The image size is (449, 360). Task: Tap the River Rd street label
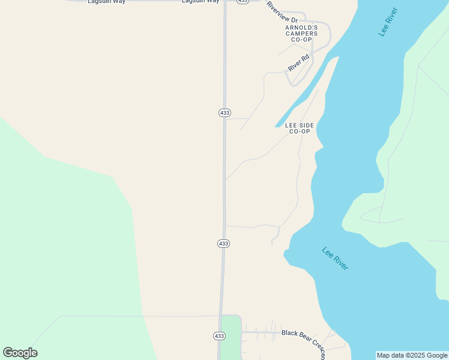click(298, 63)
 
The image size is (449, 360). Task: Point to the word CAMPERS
click(301, 34)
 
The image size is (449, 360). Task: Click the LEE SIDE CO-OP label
click(300, 128)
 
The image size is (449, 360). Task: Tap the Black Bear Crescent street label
click(304, 341)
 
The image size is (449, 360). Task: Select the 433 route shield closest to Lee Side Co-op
click(224, 113)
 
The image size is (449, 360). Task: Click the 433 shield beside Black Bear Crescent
click(220, 335)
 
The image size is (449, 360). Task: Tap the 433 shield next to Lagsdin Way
click(243, 2)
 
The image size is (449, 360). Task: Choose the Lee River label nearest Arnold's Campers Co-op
click(388, 22)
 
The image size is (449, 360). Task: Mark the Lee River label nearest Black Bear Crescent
click(335, 259)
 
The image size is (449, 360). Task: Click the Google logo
click(20, 353)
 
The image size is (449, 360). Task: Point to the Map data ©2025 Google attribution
click(412, 355)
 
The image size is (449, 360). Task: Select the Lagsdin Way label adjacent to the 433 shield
click(200, 2)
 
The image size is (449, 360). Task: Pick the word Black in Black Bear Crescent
click(290, 333)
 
